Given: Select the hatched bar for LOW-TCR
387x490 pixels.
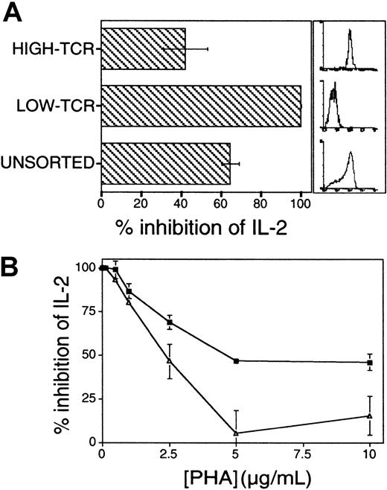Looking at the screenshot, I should point(200,106).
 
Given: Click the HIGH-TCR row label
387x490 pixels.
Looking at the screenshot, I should point(53,49).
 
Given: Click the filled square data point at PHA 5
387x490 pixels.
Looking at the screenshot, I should point(236,361).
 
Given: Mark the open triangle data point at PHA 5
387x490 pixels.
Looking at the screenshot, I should point(236,433).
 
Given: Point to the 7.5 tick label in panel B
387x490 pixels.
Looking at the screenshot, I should point(303,456).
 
